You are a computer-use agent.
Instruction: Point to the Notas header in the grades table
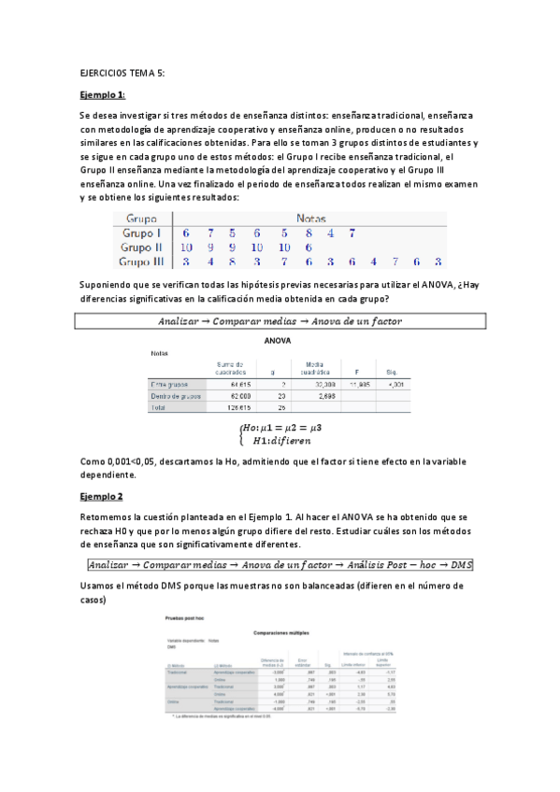[309, 217]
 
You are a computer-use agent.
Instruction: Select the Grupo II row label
[140, 247]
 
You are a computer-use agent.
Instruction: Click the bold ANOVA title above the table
[280, 341]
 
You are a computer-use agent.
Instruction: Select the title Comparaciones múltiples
[280, 632]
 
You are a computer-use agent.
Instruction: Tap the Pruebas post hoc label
[183, 617]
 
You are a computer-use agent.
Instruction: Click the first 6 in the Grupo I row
[185, 233]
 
